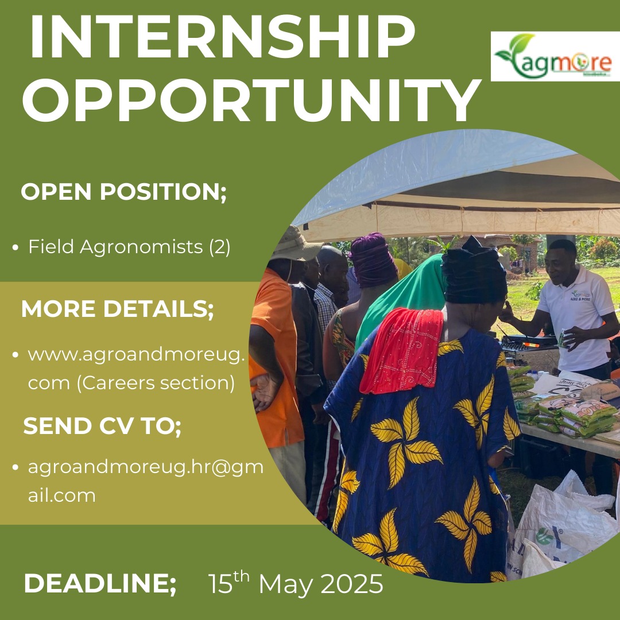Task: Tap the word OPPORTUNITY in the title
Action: (x=251, y=100)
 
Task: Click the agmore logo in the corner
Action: (x=555, y=56)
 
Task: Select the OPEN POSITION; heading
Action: (x=124, y=192)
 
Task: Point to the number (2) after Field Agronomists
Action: (x=219, y=247)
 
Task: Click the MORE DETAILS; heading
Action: (x=118, y=309)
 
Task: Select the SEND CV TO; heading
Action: (x=102, y=426)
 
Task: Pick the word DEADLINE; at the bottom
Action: (x=100, y=583)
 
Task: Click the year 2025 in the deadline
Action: (x=351, y=584)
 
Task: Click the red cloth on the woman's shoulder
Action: (x=401, y=350)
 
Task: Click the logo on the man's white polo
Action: (x=580, y=296)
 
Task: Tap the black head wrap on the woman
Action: (x=474, y=272)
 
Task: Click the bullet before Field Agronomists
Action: (x=15, y=248)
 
